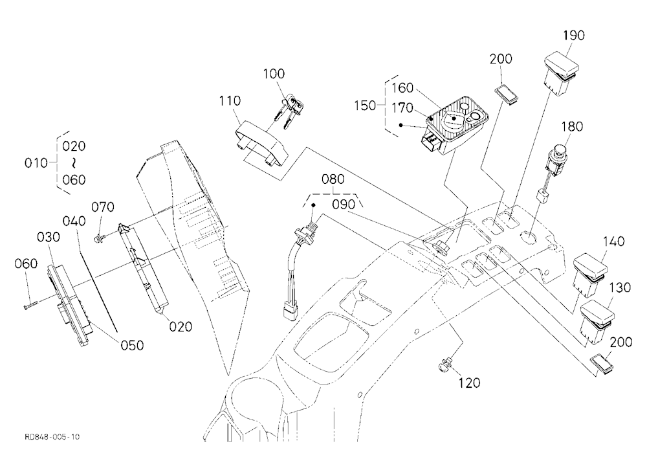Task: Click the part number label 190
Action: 574,36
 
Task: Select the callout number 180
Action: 572,126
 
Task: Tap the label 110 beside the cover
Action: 230,101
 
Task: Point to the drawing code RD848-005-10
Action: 52,437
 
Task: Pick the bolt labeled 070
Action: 101,237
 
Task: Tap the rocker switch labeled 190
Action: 561,74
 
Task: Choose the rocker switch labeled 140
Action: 590,276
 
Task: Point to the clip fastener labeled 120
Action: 445,364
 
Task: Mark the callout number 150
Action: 365,106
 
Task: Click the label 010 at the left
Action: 36,163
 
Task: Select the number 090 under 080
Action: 344,205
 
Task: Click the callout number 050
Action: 132,345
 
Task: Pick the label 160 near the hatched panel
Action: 402,88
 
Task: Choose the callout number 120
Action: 469,383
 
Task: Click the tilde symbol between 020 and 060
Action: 74,164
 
